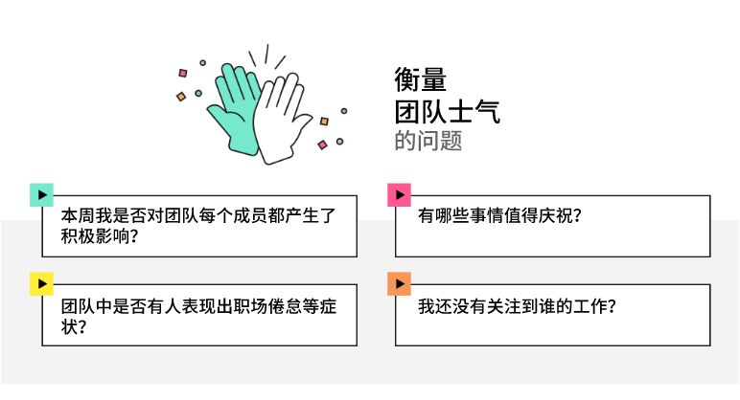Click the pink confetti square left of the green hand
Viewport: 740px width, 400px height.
183,72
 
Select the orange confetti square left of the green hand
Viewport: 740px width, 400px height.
180,96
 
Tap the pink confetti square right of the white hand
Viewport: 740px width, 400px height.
322,144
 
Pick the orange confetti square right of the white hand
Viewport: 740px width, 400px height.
324,122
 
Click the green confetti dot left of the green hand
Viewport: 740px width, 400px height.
200,92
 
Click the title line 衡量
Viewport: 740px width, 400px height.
420,79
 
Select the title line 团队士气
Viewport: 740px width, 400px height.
447,110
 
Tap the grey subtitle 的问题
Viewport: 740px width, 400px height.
428,141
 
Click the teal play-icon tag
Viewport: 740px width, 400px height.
41,194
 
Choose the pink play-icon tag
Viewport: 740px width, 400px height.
399,194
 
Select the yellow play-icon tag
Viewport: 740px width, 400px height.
41,283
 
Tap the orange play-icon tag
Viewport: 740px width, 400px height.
399,283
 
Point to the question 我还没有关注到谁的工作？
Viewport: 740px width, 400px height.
517,307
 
